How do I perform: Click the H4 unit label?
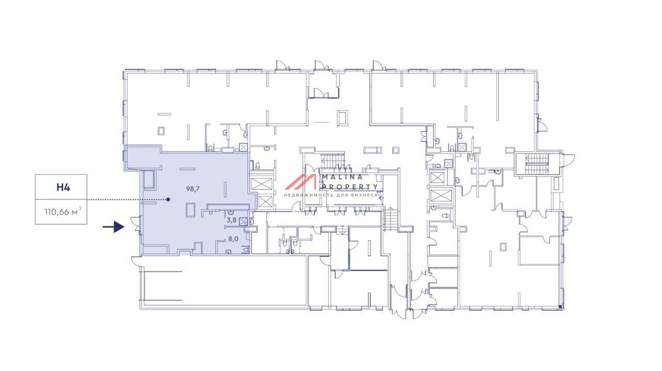tap(63, 188)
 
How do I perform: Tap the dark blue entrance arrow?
tap(114, 227)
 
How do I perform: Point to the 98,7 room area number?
tap(193, 189)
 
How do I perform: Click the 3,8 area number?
tap(231, 220)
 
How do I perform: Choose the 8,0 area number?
tap(233, 239)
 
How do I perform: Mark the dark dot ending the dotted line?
tap(168, 199)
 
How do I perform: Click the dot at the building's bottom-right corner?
tap(560, 307)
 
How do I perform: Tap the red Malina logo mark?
tap(300, 182)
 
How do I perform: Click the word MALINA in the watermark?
tap(342, 177)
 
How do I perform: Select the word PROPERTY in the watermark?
tap(350, 187)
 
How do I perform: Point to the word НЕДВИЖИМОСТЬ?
tap(308, 195)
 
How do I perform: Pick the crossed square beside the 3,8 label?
tap(244, 221)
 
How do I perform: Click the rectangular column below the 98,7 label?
tap(191, 210)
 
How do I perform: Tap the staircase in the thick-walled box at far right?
tap(537, 164)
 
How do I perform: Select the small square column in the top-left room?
tap(161, 131)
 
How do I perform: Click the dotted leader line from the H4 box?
tap(128, 199)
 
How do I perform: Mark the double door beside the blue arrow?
tap(136, 224)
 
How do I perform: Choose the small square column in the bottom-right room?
tap(503, 247)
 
